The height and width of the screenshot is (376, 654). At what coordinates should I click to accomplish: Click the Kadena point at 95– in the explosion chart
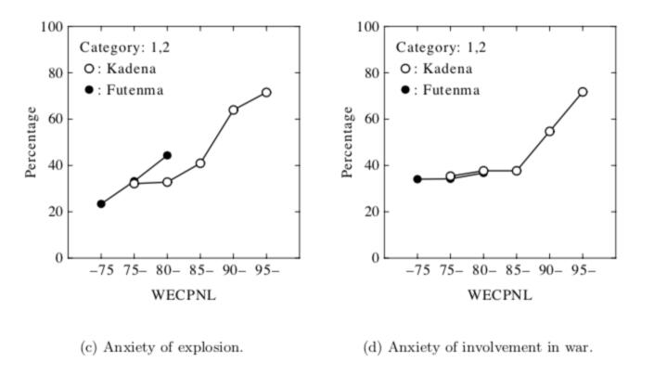click(266, 93)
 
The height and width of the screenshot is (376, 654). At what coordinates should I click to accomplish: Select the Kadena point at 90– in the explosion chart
click(234, 110)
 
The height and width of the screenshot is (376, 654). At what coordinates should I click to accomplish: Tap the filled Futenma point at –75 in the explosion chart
click(101, 204)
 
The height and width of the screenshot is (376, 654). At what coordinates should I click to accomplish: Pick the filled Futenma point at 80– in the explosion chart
click(167, 155)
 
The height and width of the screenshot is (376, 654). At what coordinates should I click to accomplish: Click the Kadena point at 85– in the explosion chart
click(200, 163)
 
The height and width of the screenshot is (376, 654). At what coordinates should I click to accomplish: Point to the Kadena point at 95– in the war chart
click(583, 92)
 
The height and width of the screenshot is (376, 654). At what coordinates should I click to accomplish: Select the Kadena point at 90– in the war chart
click(549, 132)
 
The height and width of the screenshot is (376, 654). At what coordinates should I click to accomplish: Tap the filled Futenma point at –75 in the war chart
click(417, 179)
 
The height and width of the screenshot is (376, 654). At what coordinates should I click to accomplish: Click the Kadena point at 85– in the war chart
click(517, 171)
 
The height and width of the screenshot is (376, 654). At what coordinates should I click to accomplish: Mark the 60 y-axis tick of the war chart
click(373, 119)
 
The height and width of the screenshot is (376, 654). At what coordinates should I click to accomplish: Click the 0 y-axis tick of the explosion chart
click(59, 258)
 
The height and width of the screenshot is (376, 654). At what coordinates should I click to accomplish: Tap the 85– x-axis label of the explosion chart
click(200, 273)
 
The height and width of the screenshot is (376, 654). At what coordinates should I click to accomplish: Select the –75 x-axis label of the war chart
click(417, 273)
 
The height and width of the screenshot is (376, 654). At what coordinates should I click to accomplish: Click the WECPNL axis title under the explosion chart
click(184, 297)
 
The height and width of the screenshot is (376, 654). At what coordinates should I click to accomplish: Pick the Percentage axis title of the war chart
click(349, 142)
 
